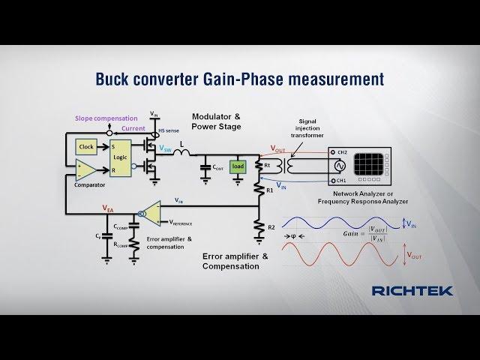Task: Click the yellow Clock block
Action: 85,148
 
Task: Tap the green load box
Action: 239,166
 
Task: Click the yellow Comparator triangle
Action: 86,169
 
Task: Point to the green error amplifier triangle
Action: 153,212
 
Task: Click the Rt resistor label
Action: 266,166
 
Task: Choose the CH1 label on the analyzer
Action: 342,181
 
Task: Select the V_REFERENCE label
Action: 187,223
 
